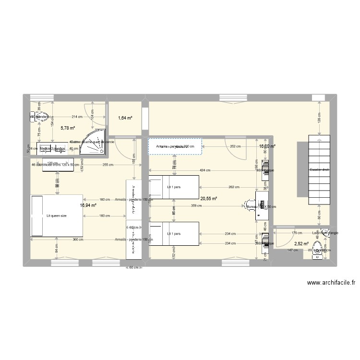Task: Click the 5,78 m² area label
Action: pyautogui.click(x=67, y=128)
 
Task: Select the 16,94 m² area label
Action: pyautogui.click(x=88, y=205)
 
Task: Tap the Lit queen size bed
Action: pyautogui.click(x=56, y=216)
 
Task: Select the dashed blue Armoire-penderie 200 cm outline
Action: pyautogui.click(x=175, y=146)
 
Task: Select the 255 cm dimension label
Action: pyautogui.click(x=108, y=165)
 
